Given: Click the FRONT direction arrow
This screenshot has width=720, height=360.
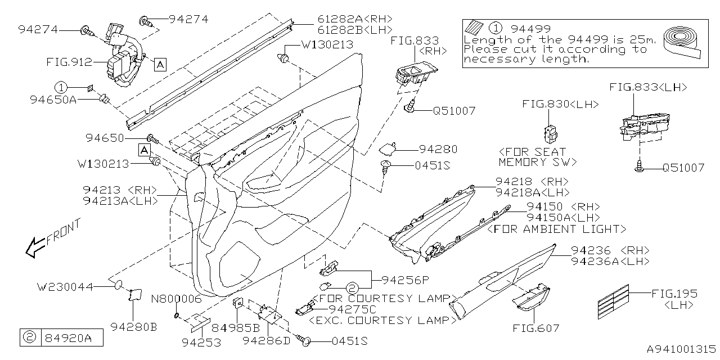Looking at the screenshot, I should coord(38,245).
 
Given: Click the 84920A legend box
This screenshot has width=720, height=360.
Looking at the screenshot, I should coord(55,337).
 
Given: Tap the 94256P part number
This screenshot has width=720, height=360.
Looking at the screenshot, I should coord(405,279).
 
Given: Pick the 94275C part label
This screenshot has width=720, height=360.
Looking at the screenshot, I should coord(358,309).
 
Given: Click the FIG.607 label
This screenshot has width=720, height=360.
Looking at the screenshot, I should coord(535,328).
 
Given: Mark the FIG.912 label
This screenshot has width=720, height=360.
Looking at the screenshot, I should coord(69,63).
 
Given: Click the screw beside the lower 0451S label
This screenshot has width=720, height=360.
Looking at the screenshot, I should coord(307,340).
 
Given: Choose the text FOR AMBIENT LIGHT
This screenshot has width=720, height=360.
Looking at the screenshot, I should coord(556,229).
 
